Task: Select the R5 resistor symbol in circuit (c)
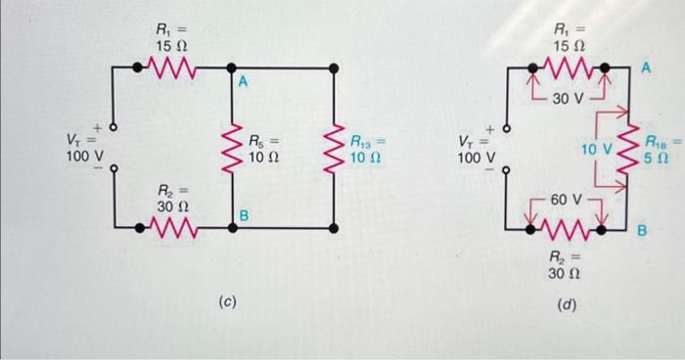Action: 232,148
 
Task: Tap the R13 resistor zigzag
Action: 335,148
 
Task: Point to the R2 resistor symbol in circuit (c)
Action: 174,229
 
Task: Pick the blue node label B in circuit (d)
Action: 643,231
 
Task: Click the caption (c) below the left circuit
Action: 226,302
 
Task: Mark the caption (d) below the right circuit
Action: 566,304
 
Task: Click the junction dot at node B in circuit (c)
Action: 232,229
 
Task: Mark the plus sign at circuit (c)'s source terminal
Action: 98,125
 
